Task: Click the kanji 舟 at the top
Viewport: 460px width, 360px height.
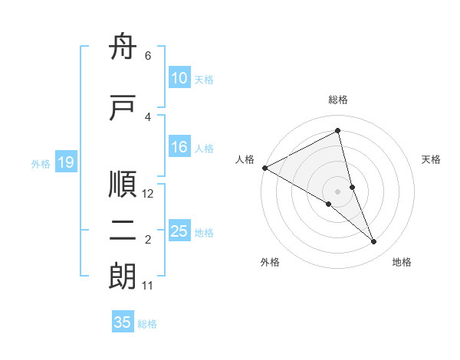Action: pyautogui.click(x=123, y=49)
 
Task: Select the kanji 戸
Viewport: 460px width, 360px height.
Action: pyautogui.click(x=123, y=108)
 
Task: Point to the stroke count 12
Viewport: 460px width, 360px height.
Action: pyautogui.click(x=149, y=194)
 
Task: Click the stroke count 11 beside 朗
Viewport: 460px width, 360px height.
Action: pyautogui.click(x=148, y=286)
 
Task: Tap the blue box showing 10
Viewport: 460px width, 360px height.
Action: pyautogui.click(x=179, y=78)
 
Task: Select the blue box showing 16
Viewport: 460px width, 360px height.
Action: pyautogui.click(x=179, y=148)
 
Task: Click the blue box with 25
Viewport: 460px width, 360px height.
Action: pyautogui.click(x=179, y=231)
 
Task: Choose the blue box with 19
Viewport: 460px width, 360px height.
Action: pyautogui.click(x=65, y=162)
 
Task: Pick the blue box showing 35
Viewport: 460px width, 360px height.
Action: pyautogui.click(x=123, y=322)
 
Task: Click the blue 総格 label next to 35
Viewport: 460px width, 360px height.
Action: pyautogui.click(x=147, y=324)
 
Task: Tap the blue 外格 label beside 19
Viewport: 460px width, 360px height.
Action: pyautogui.click(x=41, y=163)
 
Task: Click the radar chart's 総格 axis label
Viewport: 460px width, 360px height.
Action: pyautogui.click(x=338, y=100)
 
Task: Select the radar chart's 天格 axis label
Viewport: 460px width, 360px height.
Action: pyautogui.click(x=432, y=159)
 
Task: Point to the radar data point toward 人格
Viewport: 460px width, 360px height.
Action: pyautogui.click(x=264, y=168)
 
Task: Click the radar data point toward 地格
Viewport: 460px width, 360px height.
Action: pyautogui.click(x=374, y=242)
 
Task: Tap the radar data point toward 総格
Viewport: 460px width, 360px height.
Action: pyautogui.click(x=337, y=130)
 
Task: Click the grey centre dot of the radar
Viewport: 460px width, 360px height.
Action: pyautogui.click(x=337, y=190)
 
